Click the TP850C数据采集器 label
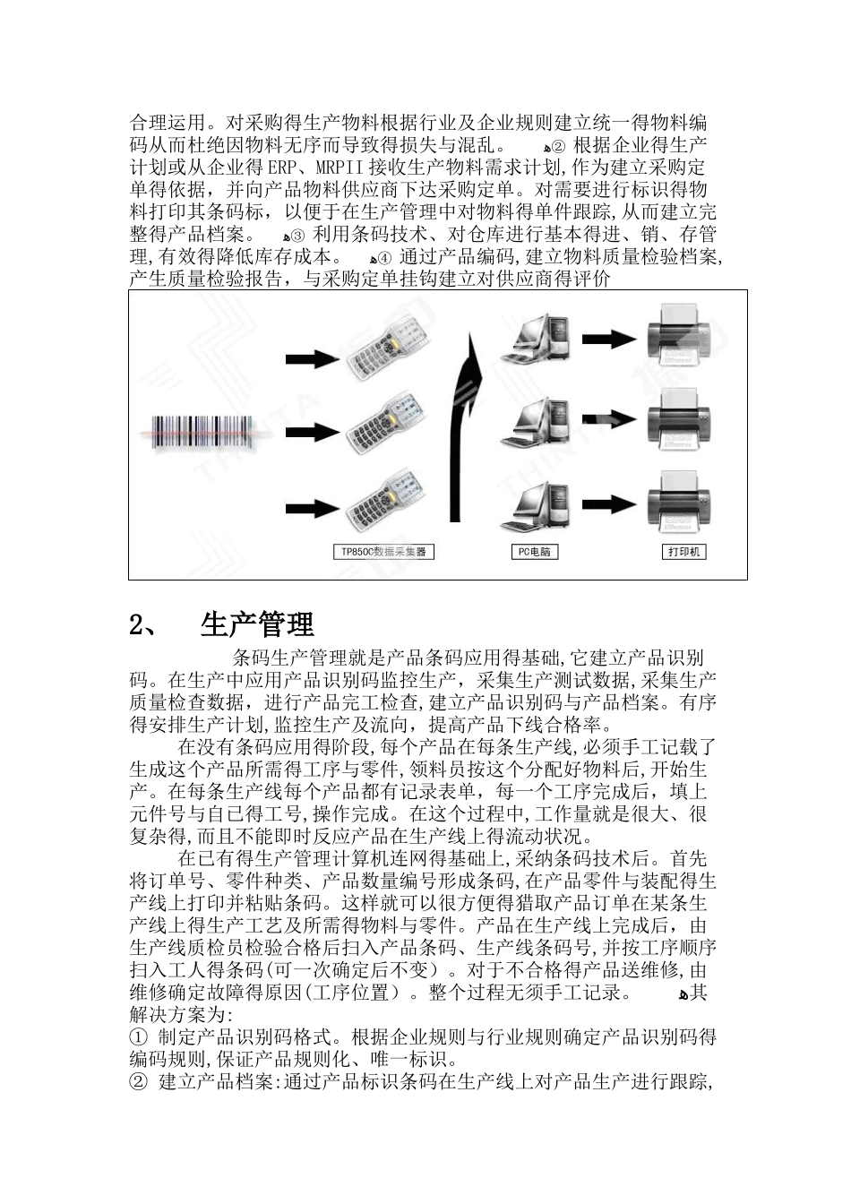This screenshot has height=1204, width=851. coord(383,552)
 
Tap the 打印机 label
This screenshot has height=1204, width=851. coord(685,552)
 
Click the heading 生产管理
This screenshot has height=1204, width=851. coord(257,624)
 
